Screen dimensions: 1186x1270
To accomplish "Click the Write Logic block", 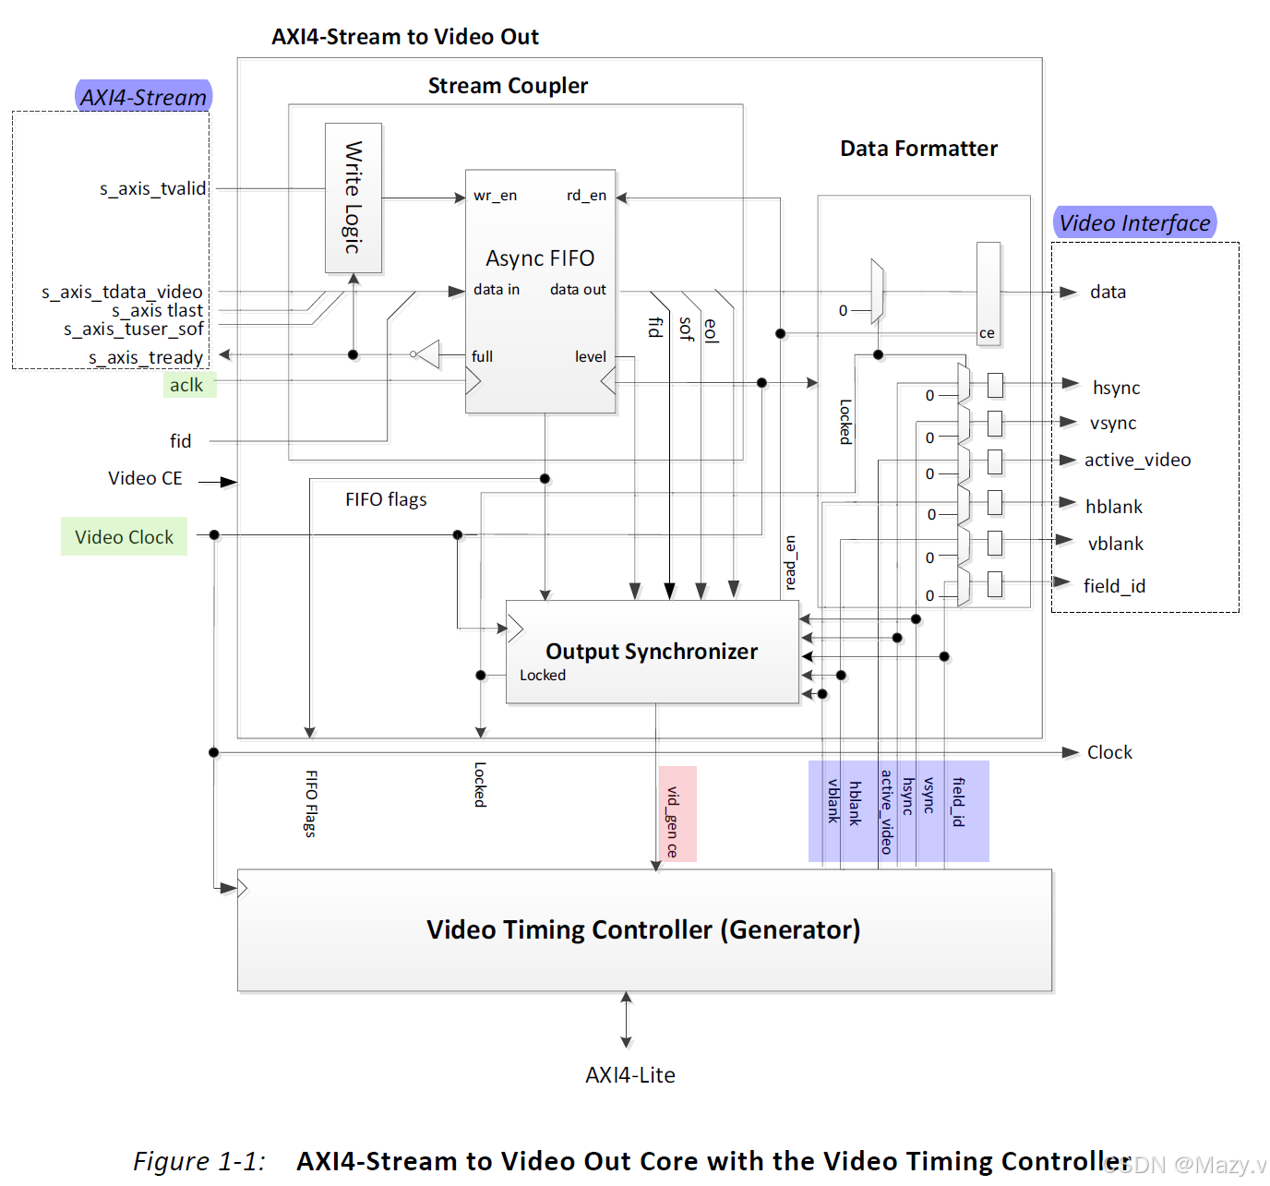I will tap(353, 198).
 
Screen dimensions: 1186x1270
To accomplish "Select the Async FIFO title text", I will tap(540, 258).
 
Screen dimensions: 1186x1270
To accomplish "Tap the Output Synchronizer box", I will tap(652, 653).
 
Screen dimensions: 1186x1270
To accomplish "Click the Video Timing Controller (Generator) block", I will tap(643, 930).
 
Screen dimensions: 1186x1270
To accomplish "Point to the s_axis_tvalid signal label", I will tap(153, 188).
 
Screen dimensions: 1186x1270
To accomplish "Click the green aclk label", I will tap(187, 385).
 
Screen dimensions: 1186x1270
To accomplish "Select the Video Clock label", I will tap(125, 537).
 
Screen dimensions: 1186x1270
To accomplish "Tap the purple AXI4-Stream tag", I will tap(144, 97).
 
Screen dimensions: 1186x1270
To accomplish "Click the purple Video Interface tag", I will tap(1134, 222).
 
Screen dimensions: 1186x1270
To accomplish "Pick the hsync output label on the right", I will tap(1116, 388).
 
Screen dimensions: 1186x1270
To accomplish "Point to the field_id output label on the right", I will tap(1114, 586).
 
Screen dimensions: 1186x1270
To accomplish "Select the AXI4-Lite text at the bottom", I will tap(630, 1075).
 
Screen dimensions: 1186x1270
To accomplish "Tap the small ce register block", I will tap(988, 294).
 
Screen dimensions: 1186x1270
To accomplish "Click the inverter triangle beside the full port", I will tap(427, 354).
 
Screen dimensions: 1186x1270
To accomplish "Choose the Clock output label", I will tap(1109, 752).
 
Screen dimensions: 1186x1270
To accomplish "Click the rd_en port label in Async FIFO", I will tap(586, 196).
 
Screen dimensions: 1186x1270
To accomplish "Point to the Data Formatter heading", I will tap(918, 149).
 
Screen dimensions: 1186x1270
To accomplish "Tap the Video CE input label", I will tap(145, 478).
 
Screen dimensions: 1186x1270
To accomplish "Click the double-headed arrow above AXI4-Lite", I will tap(627, 1020).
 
